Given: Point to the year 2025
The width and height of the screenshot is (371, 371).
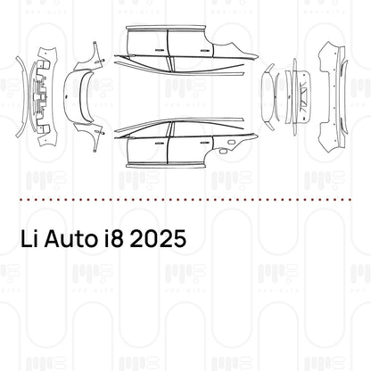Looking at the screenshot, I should tap(162, 241).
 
